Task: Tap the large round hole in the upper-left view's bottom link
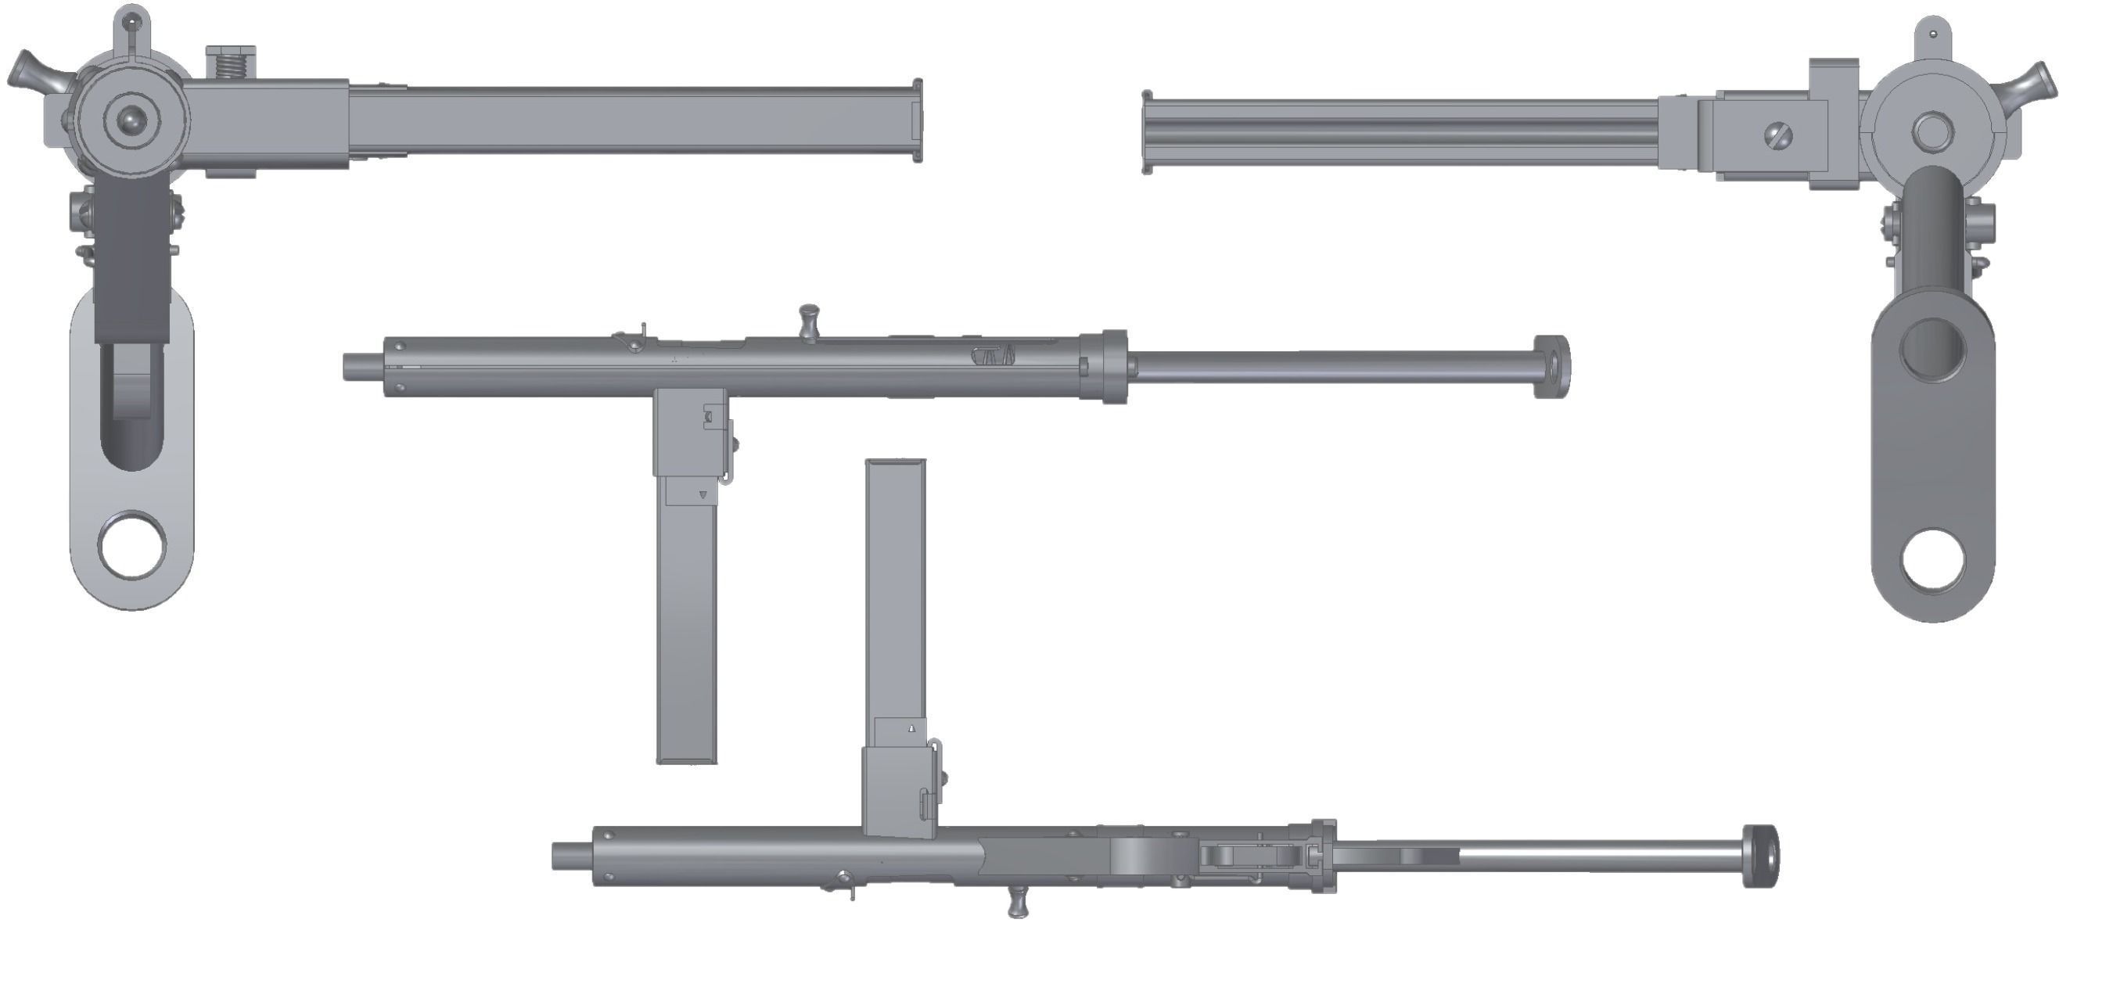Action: click(131, 544)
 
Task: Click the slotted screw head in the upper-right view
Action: click(1779, 135)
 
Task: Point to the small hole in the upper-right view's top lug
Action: click(1933, 34)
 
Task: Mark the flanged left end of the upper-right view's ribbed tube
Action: click(1147, 131)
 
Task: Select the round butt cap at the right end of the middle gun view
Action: click(1551, 366)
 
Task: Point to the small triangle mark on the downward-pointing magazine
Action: click(703, 494)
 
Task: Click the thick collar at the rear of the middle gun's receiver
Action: click(1112, 366)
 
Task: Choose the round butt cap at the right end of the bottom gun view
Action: click(1760, 856)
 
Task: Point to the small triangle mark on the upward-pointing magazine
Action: click(911, 727)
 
